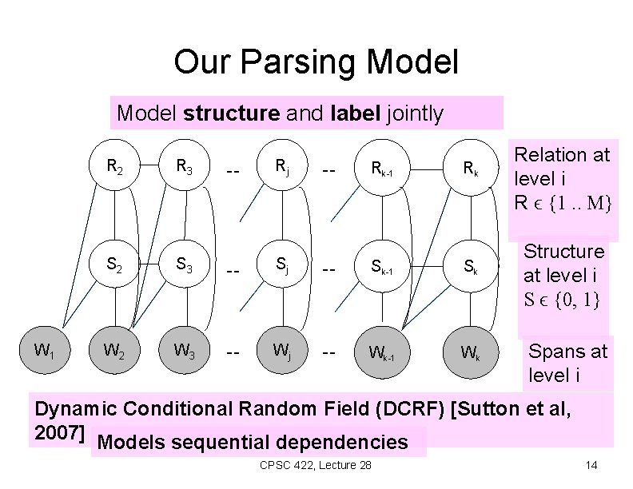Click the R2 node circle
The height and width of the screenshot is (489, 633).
pyautogui.click(x=114, y=165)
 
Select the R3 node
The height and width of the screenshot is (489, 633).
pyautogui.click(x=185, y=165)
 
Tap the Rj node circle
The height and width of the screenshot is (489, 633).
pyautogui.click(x=282, y=165)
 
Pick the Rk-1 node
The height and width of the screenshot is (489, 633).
pyautogui.click(x=382, y=168)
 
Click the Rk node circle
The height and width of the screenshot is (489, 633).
pyautogui.click(x=471, y=168)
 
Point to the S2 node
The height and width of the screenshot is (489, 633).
pyautogui.click(x=114, y=264)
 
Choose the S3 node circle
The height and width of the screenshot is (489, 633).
pyautogui.click(x=185, y=264)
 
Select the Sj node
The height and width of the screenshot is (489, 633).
pyautogui.click(x=282, y=264)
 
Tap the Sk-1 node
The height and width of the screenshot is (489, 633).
pyautogui.click(x=382, y=266)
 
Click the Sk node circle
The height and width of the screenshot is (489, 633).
pyautogui.click(x=471, y=266)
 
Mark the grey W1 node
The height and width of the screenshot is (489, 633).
pyautogui.click(x=45, y=350)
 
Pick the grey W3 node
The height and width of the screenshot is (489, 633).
pyautogui.click(x=185, y=350)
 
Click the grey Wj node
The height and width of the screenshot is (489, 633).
pyautogui.click(x=282, y=350)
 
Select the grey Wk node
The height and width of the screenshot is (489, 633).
pyautogui.click(x=471, y=352)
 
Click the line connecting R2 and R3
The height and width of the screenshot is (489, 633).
pyautogui.click(x=149, y=165)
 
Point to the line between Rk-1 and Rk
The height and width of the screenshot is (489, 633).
pyautogui.click(x=427, y=169)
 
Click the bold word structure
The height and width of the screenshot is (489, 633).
pyautogui.click(x=231, y=113)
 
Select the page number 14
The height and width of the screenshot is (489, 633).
pyautogui.click(x=591, y=465)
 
